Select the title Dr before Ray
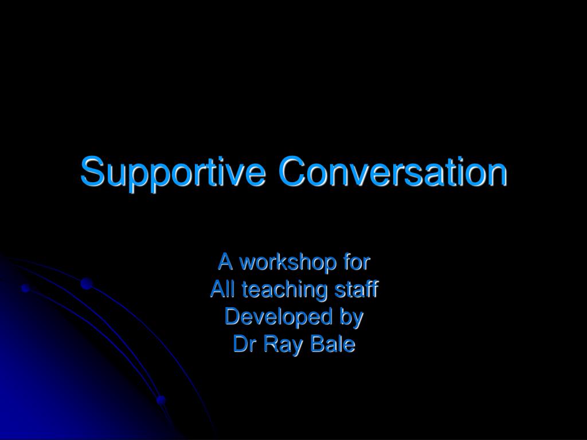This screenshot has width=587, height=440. click(x=242, y=344)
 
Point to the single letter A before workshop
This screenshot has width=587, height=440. click(x=225, y=263)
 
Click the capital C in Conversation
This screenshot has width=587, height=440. click(x=292, y=171)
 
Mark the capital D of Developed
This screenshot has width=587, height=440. click(x=232, y=317)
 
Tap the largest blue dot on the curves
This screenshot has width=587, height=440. click(x=87, y=283)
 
